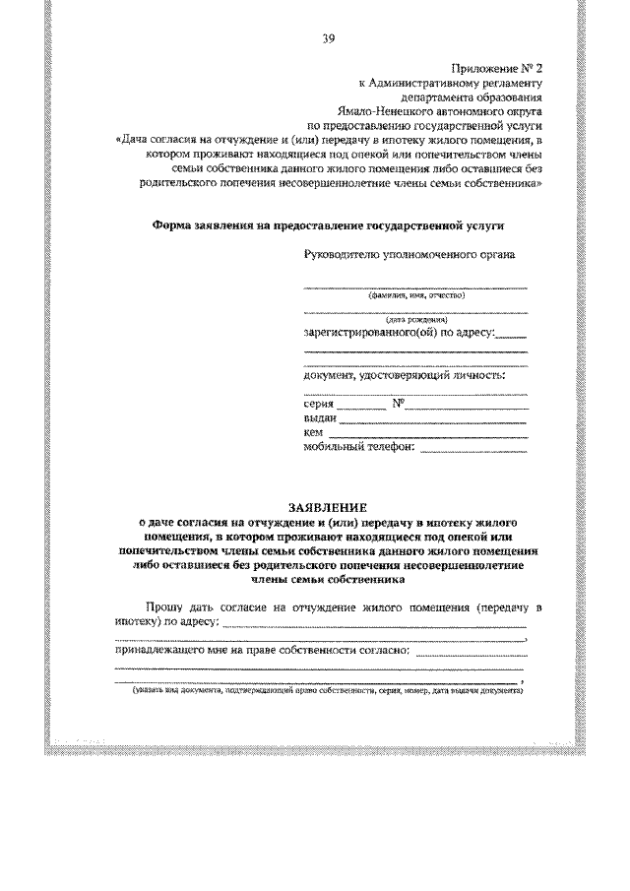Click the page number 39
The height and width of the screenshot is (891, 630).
[x=327, y=38]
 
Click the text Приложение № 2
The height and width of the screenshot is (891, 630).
[x=496, y=70]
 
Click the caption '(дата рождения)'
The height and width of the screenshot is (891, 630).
[x=417, y=319]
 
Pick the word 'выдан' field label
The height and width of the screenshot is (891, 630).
[x=321, y=419]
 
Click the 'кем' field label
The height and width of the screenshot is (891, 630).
[x=314, y=433]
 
